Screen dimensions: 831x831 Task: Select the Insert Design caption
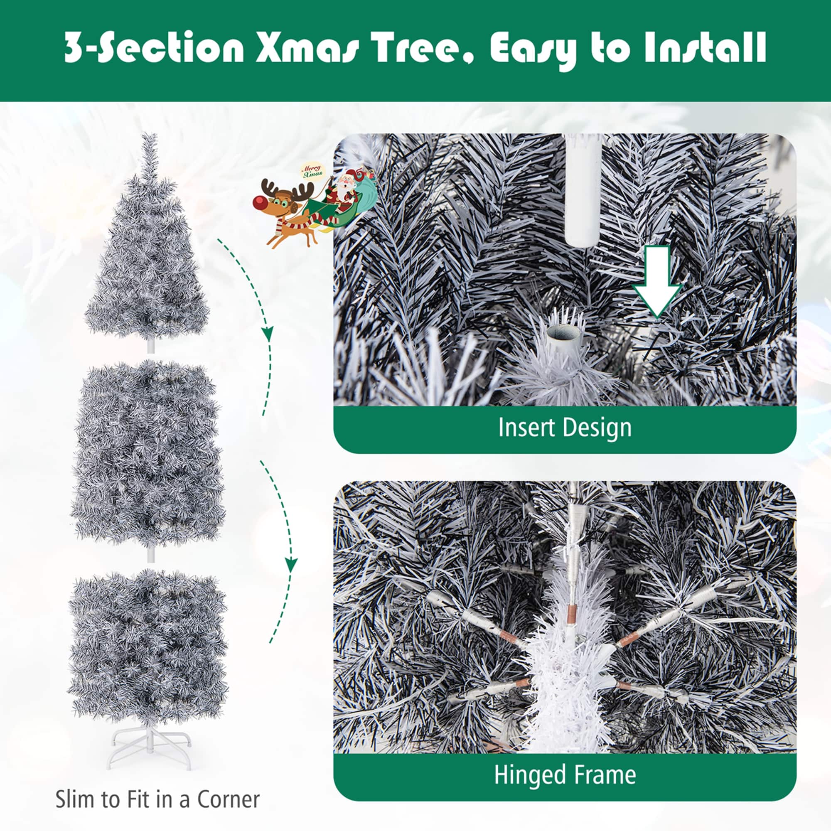(x=565, y=428)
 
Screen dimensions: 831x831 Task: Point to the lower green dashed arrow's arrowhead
(x=292, y=564)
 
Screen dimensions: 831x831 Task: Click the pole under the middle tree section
(x=150, y=555)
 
